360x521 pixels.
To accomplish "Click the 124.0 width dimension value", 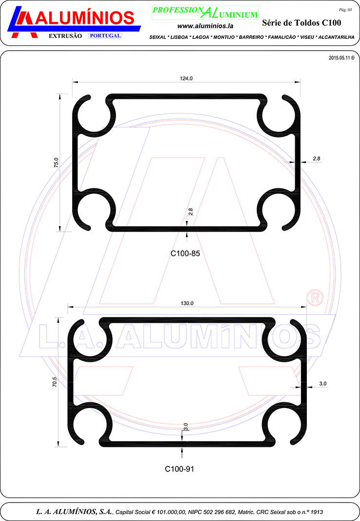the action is (186, 78).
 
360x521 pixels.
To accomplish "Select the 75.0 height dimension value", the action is (56, 163).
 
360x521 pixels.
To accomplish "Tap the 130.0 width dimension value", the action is (187, 303).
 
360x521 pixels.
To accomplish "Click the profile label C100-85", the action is (185, 254).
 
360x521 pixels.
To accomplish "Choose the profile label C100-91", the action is (179, 469).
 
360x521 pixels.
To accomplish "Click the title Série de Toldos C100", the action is (302, 22).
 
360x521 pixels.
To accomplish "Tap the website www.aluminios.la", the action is (205, 26).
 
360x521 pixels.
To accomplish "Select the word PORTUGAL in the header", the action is (105, 36).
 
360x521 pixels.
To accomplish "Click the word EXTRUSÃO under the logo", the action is (65, 36).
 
